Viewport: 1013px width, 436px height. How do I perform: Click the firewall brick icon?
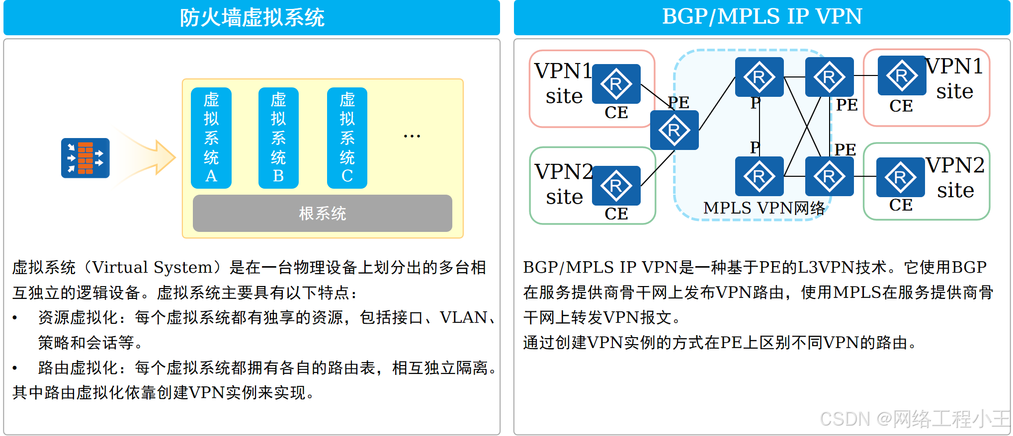click(x=85, y=158)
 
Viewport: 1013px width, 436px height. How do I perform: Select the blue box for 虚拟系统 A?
click(x=211, y=138)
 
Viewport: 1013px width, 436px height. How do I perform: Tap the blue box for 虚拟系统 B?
click(x=278, y=138)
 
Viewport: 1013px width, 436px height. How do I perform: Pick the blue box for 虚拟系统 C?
click(x=347, y=138)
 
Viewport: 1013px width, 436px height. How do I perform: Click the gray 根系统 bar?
click(x=322, y=214)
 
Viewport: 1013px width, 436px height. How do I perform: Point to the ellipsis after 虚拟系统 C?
click(x=412, y=136)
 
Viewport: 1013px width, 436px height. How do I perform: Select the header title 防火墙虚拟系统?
click(x=252, y=18)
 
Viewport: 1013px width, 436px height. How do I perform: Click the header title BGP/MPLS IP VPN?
click(x=761, y=16)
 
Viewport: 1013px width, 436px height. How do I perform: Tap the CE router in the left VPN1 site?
click(x=616, y=83)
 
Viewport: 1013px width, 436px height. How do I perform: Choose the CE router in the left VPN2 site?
click(x=616, y=185)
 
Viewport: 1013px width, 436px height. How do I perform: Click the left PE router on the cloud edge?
click(x=674, y=130)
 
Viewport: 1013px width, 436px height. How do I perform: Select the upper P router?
click(x=759, y=77)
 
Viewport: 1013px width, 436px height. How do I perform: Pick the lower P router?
click(x=759, y=176)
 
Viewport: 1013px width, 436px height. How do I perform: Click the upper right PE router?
click(x=829, y=77)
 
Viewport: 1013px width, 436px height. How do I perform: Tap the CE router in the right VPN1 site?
click(x=902, y=75)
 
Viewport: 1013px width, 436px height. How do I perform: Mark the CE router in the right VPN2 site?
click(x=900, y=177)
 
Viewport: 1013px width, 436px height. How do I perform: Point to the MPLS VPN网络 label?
click(x=764, y=208)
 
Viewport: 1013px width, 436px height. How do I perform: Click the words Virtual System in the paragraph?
click(x=152, y=267)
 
